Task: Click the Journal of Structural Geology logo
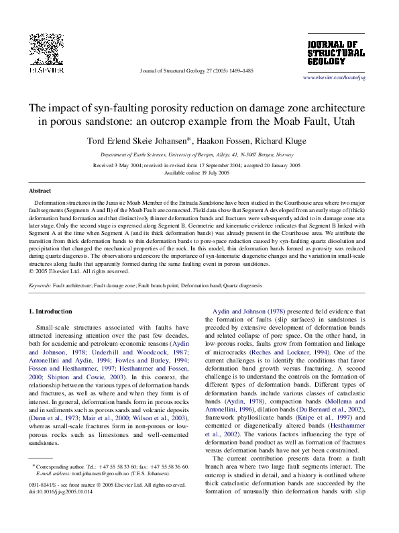[x=335, y=53]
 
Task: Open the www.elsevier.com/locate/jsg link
[x=334, y=78]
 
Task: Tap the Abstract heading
[x=40, y=191]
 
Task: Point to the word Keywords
[x=40, y=285]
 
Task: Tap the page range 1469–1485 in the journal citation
[x=239, y=70]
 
